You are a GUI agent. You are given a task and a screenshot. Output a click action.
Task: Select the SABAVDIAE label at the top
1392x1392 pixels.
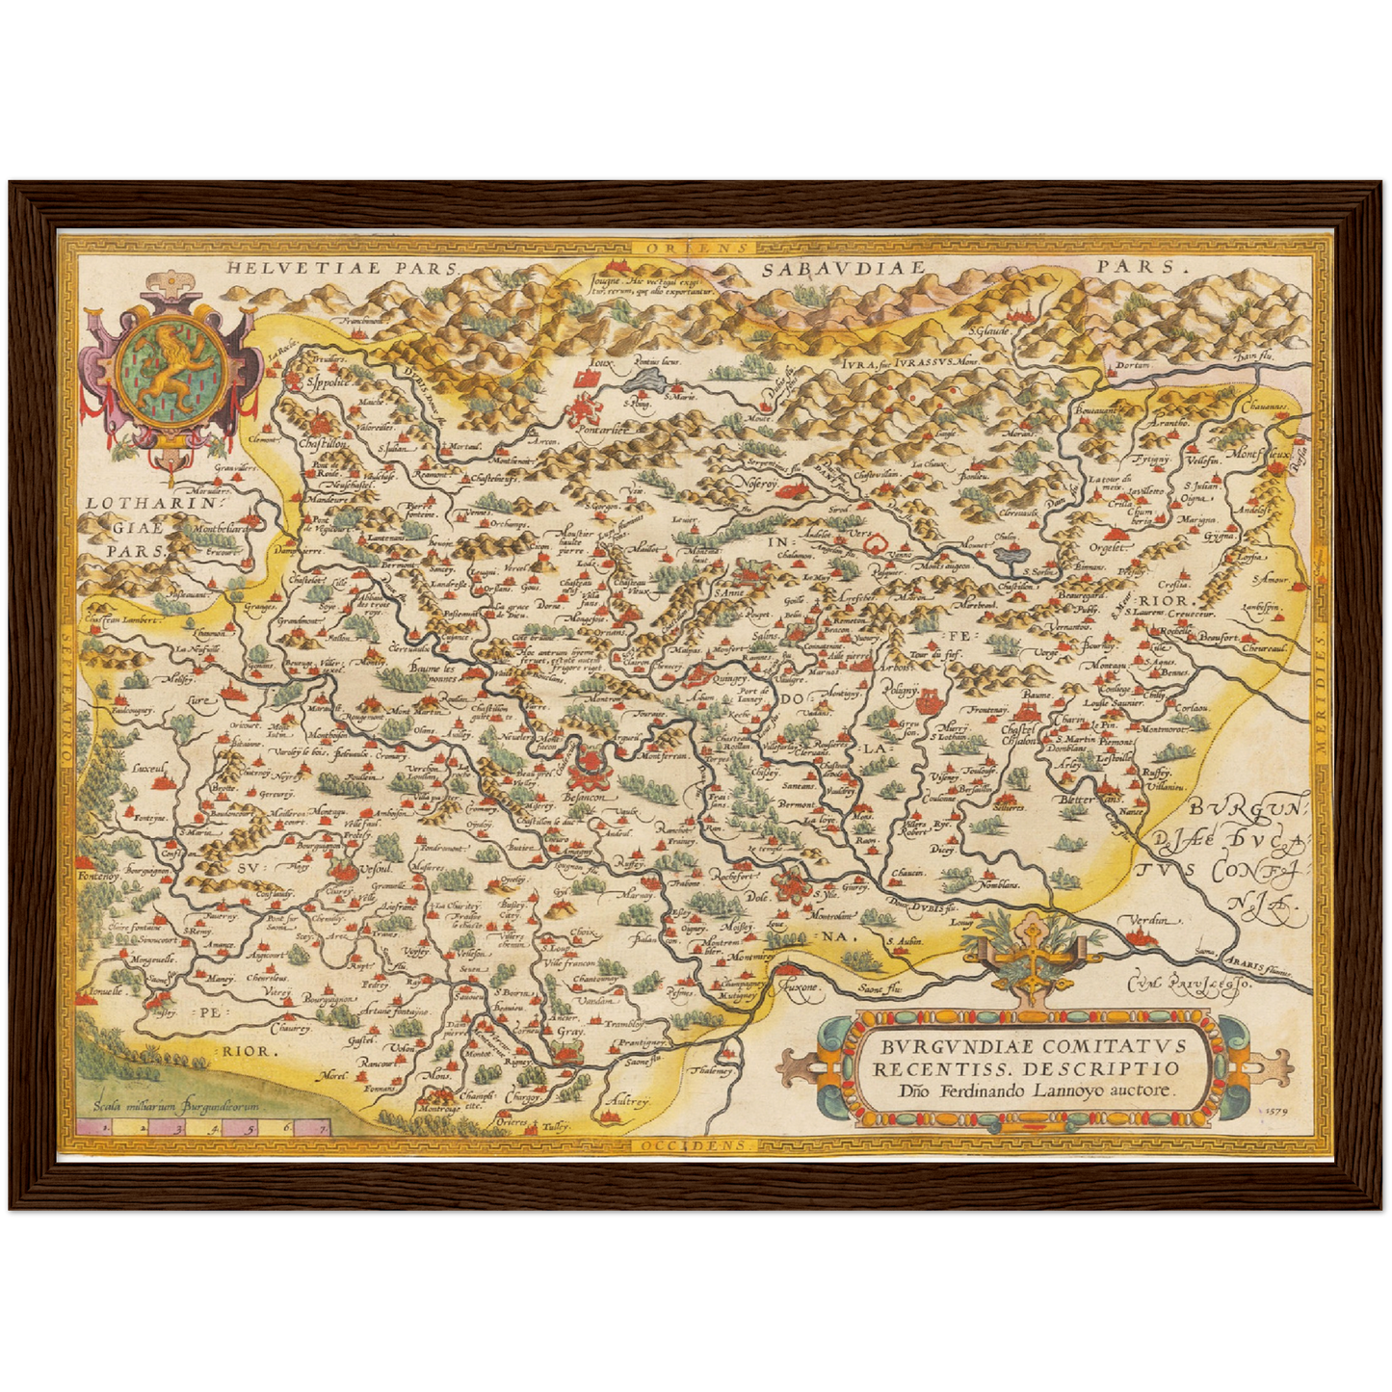(x=843, y=269)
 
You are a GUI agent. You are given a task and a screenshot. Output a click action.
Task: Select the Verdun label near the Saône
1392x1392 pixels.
(x=1150, y=920)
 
